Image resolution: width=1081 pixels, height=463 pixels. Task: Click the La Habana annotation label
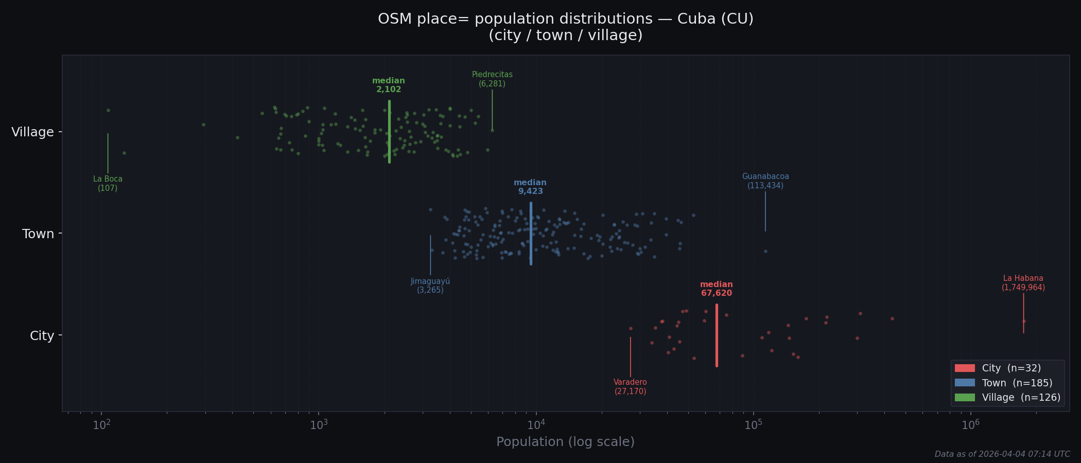[1023, 283]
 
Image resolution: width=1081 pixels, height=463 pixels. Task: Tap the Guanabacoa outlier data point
[765, 251]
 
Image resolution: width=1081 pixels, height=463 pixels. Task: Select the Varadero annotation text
[630, 387]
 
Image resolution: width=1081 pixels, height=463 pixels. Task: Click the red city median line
[717, 335]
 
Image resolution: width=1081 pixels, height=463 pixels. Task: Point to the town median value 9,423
[530, 191]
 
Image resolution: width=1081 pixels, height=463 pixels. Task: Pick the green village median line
[389, 132]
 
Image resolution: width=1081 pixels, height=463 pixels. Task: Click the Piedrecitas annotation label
[492, 79]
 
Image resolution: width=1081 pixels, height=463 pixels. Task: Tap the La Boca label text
[108, 184]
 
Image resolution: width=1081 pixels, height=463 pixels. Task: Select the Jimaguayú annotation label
[430, 286]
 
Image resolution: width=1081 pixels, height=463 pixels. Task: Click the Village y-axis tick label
[32, 132]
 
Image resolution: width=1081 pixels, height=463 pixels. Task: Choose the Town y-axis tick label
[38, 234]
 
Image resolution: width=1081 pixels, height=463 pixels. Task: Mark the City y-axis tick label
[42, 336]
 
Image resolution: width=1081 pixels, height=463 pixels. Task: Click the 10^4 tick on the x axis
[536, 424]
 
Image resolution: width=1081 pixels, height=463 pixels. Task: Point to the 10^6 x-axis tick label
[970, 424]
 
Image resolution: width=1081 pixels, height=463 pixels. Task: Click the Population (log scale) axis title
[565, 442]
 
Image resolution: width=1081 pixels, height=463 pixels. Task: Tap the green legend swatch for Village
[965, 397]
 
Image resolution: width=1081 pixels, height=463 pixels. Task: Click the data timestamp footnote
[1002, 454]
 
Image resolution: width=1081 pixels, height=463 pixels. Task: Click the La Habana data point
[1024, 321]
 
